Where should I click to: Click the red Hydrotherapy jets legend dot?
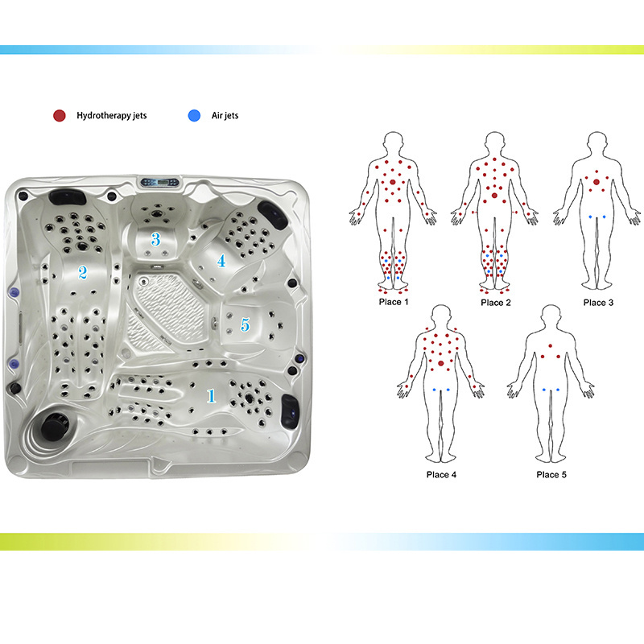[60, 116]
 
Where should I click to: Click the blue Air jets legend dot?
[194, 116]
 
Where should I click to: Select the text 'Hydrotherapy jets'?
[112, 116]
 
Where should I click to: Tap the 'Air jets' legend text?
[225, 116]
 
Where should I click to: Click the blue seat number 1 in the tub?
[211, 395]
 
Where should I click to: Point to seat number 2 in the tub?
[83, 272]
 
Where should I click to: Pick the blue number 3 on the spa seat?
[155, 238]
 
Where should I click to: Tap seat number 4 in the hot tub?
[221, 261]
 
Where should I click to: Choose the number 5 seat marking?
[246, 324]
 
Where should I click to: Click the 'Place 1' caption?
[394, 303]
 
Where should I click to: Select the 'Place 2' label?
[496, 303]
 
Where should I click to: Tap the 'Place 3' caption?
[598, 303]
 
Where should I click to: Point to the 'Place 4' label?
[441, 475]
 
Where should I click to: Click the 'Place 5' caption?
[551, 475]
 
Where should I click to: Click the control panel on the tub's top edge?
[159, 182]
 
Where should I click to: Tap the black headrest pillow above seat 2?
[68, 196]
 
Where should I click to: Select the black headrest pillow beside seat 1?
[290, 411]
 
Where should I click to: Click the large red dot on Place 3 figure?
[597, 182]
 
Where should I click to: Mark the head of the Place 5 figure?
[551, 317]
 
